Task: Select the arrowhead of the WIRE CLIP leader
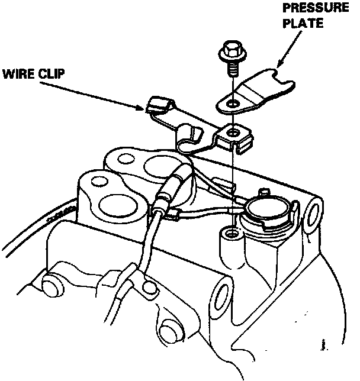(140, 107)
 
